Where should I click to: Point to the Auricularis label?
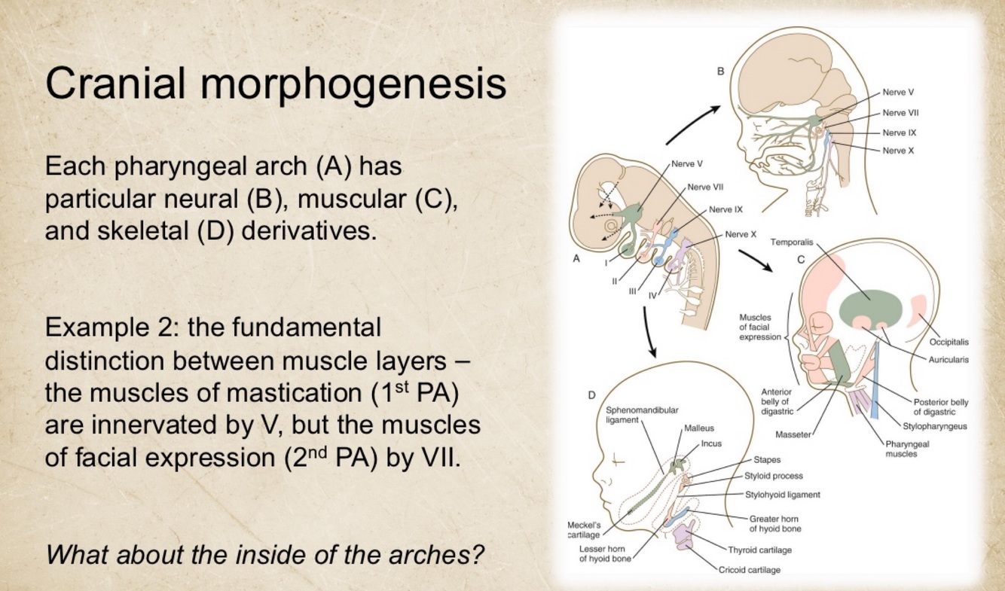click(x=948, y=359)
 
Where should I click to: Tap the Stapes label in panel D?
click(x=766, y=459)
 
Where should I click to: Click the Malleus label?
click(x=699, y=428)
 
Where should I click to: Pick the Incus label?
click(x=711, y=443)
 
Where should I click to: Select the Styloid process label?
click(x=773, y=476)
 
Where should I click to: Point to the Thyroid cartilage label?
click(x=759, y=550)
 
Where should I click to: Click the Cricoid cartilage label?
click(x=750, y=569)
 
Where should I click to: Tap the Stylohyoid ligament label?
click(x=782, y=495)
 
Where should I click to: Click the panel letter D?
click(x=591, y=394)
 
